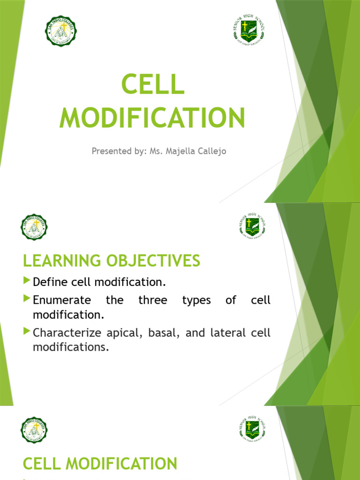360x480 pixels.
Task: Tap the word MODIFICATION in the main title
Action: point(153,118)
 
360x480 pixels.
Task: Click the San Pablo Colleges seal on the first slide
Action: point(61,31)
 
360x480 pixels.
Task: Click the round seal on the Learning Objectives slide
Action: point(34,228)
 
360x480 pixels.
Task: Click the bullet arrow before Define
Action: point(26,281)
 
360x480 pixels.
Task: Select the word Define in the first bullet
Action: point(49,282)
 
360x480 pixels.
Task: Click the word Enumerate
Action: point(62,300)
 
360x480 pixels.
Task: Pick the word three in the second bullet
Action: point(153,300)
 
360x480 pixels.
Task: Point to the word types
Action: point(196,300)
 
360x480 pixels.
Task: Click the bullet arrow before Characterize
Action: point(26,332)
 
